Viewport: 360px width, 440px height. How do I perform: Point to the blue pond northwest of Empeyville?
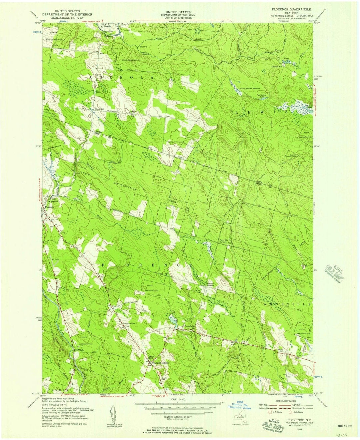174,320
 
